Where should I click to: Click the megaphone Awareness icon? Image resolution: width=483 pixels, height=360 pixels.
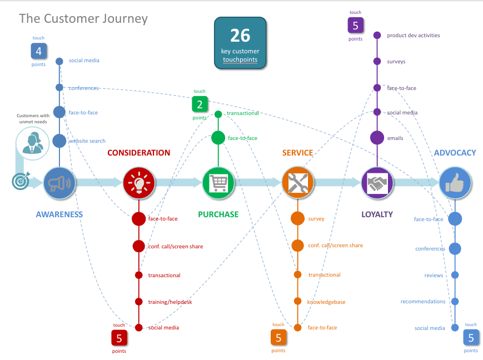pos(59,183)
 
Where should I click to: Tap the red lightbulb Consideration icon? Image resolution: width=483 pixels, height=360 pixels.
pos(138,183)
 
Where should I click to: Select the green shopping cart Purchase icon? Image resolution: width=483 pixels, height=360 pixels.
pos(218,183)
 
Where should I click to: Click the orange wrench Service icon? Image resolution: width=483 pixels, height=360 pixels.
pos(298,183)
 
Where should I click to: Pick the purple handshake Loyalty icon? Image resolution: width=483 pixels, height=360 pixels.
pos(377,183)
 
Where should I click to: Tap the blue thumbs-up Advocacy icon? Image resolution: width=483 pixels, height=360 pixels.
pos(455,183)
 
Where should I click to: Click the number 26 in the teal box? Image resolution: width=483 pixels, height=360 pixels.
pos(240,36)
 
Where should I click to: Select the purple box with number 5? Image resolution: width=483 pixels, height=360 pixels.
pos(356,26)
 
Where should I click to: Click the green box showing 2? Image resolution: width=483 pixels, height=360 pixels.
pos(200,104)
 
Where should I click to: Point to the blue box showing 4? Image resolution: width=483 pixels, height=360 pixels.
pos(38,52)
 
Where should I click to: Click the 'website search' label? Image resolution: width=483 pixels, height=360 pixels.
pos(87,141)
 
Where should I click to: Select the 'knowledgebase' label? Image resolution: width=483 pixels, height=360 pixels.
pos(326,302)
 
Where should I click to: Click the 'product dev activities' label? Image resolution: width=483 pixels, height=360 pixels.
pos(413,36)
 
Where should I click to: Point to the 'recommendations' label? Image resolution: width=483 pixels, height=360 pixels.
pos(423,302)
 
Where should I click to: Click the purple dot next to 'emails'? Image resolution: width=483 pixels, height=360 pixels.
pos(377,138)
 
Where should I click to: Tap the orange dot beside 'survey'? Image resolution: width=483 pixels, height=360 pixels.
pos(298,219)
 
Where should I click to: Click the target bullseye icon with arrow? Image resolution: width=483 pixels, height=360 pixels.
pos(20,181)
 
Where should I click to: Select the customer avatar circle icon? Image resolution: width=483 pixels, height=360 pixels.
pos(32,144)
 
